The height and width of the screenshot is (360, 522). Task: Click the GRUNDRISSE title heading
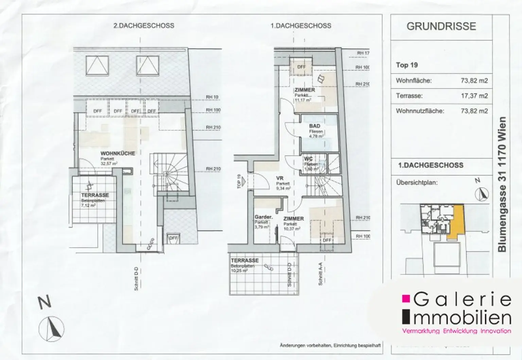(x=441, y=26)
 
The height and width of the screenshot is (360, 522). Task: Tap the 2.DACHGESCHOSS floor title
(x=143, y=25)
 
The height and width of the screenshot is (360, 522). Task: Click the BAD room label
(x=314, y=126)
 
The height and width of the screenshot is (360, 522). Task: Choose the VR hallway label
(x=280, y=178)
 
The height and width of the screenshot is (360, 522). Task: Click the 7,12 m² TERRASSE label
(x=95, y=195)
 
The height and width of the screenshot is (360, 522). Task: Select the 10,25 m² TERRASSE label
(x=245, y=260)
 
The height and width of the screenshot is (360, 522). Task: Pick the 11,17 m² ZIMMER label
(x=304, y=90)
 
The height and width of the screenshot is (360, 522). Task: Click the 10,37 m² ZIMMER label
(x=294, y=219)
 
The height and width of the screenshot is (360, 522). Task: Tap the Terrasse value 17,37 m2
(x=474, y=96)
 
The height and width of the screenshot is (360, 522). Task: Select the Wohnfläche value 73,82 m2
(x=474, y=81)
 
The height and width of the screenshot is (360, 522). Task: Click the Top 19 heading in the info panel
(x=407, y=65)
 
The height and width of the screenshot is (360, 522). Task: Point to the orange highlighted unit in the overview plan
(x=456, y=221)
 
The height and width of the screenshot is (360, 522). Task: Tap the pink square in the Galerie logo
(x=406, y=299)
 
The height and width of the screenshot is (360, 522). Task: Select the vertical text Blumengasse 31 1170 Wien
(x=502, y=184)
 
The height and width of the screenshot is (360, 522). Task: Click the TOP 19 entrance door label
(x=239, y=181)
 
